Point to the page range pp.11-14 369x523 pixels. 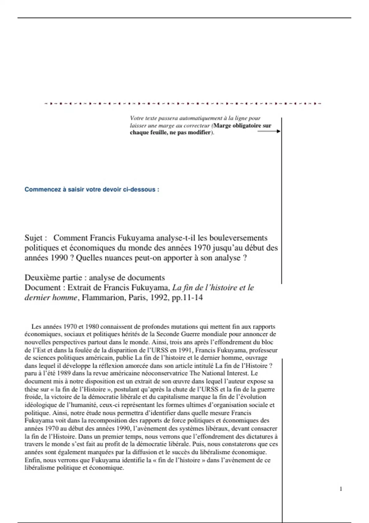tap(187, 297)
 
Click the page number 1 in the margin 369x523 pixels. tap(341, 489)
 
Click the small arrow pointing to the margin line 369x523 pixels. tap(269, 131)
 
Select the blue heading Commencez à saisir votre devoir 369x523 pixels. tap(92, 190)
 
